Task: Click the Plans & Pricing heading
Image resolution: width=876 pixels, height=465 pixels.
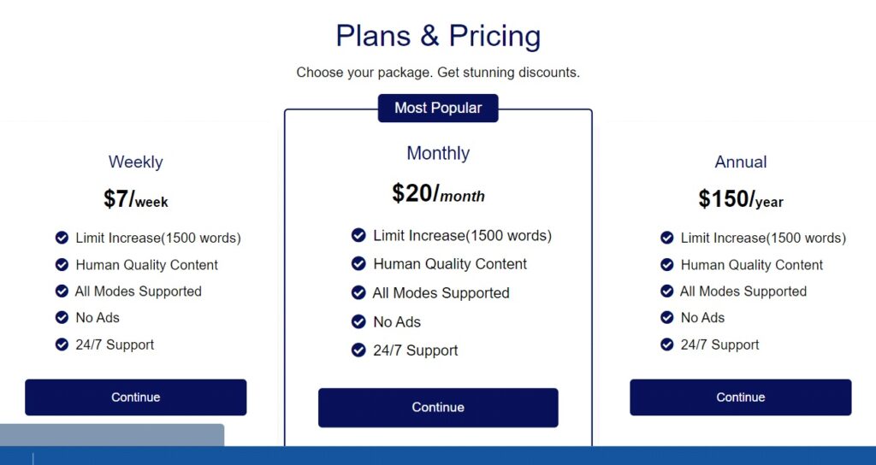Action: pos(438,36)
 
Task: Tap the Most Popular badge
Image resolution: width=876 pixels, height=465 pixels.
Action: pos(438,108)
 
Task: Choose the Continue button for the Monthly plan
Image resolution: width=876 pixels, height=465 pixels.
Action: pos(438,408)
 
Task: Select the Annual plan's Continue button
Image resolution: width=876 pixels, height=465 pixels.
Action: pos(740,397)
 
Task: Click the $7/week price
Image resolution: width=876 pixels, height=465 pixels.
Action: pos(136,198)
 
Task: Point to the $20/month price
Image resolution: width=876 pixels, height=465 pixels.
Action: pos(438,194)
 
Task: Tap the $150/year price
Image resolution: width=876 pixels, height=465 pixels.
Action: pos(741,198)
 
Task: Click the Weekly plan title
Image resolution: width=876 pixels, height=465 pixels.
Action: pos(136,162)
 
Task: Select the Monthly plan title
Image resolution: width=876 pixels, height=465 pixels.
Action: pos(438,153)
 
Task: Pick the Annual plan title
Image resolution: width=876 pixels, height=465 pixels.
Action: pos(741,162)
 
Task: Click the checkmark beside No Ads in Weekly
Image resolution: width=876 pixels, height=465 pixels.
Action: pos(62,318)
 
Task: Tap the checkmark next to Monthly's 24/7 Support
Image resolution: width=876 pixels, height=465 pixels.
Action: pos(358,350)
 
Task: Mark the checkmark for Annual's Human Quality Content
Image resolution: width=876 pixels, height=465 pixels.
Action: pos(667,265)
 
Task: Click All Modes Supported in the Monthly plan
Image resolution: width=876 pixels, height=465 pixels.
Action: pos(441,293)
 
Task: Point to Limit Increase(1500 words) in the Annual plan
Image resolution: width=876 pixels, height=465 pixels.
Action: pos(763,238)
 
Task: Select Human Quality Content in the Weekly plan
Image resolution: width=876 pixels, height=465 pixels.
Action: pos(147,265)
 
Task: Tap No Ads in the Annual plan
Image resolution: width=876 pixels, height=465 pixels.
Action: pos(702,318)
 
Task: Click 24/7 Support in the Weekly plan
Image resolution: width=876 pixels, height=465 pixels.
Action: pos(115,345)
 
